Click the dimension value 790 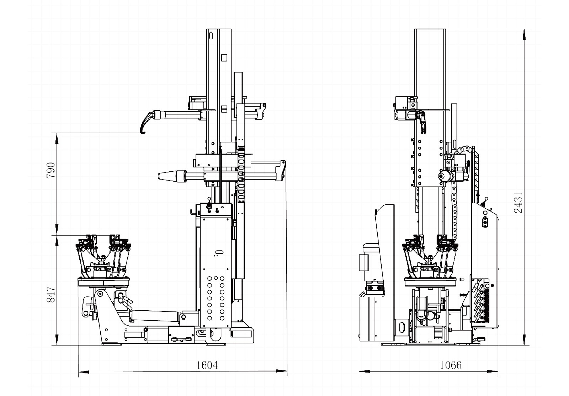click(51, 170)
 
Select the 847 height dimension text click(51, 295)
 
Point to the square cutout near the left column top click(224, 57)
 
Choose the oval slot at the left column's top click(211, 35)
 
